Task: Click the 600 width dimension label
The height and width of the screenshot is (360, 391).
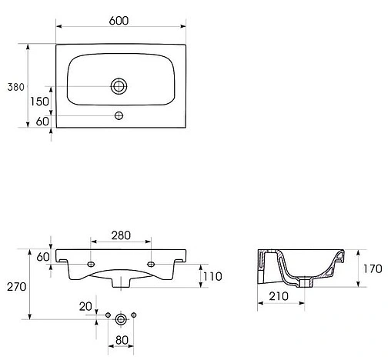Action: click(x=119, y=21)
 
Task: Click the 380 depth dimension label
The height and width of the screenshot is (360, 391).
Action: click(x=16, y=87)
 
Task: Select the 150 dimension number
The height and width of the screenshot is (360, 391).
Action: click(x=39, y=102)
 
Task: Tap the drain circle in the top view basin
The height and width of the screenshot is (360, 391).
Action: click(x=119, y=86)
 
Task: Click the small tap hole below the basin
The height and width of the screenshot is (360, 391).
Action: click(x=119, y=115)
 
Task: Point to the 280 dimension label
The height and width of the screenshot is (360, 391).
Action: click(x=121, y=235)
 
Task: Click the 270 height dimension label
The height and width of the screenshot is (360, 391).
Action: click(x=17, y=287)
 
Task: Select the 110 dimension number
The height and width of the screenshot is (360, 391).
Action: click(x=212, y=276)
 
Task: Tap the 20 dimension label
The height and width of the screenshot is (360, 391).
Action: click(x=85, y=306)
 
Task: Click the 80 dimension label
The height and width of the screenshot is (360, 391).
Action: click(x=122, y=340)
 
